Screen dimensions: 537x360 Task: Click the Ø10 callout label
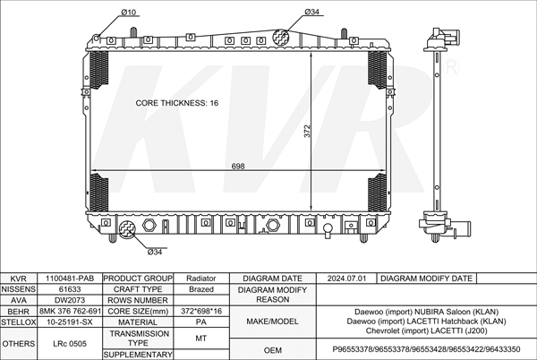pyautogui.click(x=128, y=12)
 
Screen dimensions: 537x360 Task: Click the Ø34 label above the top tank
pyautogui.click(x=311, y=12)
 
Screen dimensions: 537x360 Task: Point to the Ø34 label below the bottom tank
pyautogui.click(x=155, y=253)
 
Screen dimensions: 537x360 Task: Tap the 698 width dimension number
pyautogui.click(x=238, y=167)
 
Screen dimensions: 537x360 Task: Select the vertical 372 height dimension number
pyautogui.click(x=307, y=131)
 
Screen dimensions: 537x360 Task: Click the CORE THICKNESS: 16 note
pyautogui.click(x=176, y=103)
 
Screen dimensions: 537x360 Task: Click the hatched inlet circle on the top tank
pyautogui.click(x=280, y=37)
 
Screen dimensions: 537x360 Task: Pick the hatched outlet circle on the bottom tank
pyautogui.click(x=127, y=229)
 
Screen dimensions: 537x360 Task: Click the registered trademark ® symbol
pyautogui.click(x=451, y=67)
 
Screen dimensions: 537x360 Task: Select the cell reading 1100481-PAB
pyautogui.click(x=70, y=279)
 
